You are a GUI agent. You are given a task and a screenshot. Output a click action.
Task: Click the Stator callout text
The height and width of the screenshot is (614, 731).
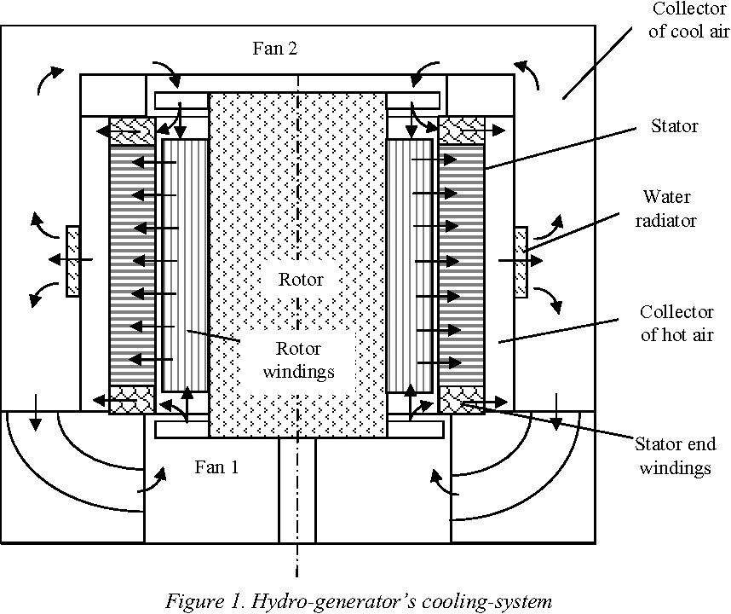coord(674,126)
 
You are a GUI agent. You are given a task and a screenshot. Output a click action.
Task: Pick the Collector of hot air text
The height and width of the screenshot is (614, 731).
coord(675,323)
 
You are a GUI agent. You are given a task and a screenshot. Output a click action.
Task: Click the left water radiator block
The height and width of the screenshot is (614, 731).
coord(73,260)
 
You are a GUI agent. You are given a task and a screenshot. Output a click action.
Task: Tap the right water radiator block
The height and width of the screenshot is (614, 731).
coord(521,260)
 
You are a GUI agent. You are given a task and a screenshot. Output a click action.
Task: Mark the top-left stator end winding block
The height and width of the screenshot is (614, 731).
coord(132,130)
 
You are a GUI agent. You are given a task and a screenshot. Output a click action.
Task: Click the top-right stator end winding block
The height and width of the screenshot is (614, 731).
coord(461,130)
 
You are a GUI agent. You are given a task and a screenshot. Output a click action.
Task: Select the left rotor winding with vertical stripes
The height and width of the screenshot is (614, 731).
coord(185,264)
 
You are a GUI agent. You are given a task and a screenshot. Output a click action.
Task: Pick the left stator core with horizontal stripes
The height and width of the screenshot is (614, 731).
coord(132,264)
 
